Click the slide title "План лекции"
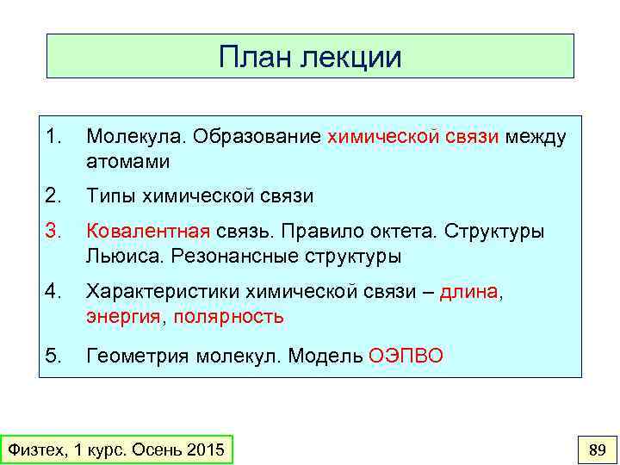[x=310, y=57]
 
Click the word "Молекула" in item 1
[x=135, y=137]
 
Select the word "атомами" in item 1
[x=127, y=161]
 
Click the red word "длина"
[x=468, y=292]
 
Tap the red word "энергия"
[x=122, y=316]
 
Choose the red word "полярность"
[x=228, y=316]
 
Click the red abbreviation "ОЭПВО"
[x=406, y=354]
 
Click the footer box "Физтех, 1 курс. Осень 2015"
[x=116, y=449]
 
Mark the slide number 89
[x=596, y=449]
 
